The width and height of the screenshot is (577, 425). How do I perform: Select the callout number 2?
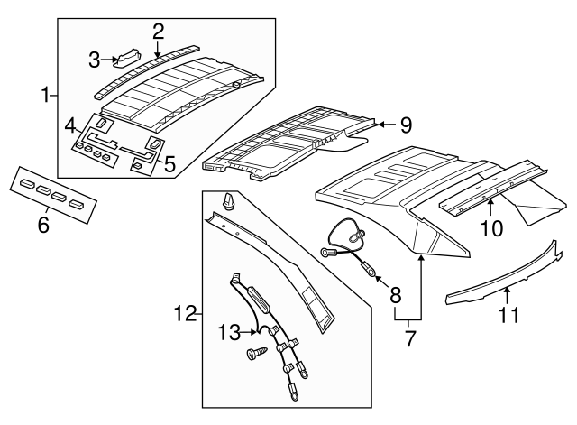point(158,31)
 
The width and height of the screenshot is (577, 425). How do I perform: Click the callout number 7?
point(411,339)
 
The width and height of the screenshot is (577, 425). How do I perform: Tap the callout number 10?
point(491,230)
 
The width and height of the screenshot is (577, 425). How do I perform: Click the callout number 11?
point(509,315)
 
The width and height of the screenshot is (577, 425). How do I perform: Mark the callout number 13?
point(226,333)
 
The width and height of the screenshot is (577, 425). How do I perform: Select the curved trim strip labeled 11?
point(505,280)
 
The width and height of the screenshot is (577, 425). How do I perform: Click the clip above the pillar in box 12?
point(228,199)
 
